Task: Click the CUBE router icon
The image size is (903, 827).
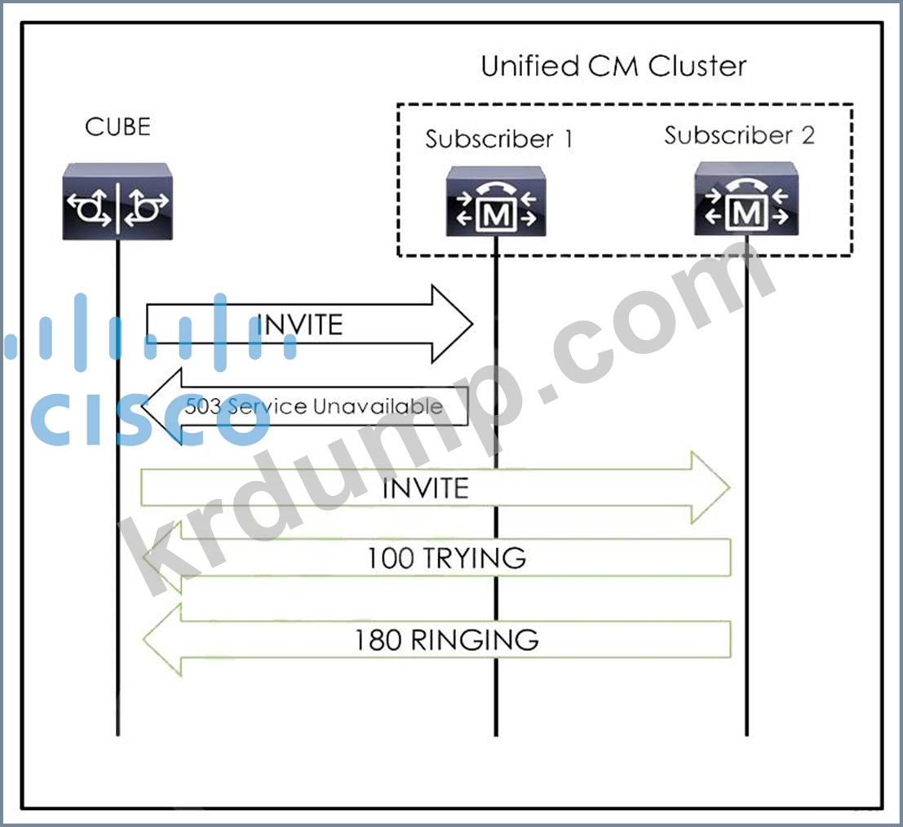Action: click(117, 201)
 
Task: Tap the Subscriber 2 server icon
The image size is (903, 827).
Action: click(746, 199)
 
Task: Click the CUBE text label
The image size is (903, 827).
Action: click(117, 127)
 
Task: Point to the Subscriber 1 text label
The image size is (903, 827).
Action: click(498, 139)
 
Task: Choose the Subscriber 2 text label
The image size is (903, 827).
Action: click(739, 135)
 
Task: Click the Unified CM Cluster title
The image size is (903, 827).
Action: click(613, 66)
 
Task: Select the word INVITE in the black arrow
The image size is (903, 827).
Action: click(299, 325)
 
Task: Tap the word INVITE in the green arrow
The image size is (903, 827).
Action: click(425, 489)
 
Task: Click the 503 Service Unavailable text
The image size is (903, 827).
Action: click(313, 406)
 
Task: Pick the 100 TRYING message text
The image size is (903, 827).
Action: click(445, 559)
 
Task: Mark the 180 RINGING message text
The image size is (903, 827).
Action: click(445, 639)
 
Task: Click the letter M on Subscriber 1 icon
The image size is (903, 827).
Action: click(495, 214)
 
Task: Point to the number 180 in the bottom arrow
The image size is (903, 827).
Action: click(378, 639)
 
